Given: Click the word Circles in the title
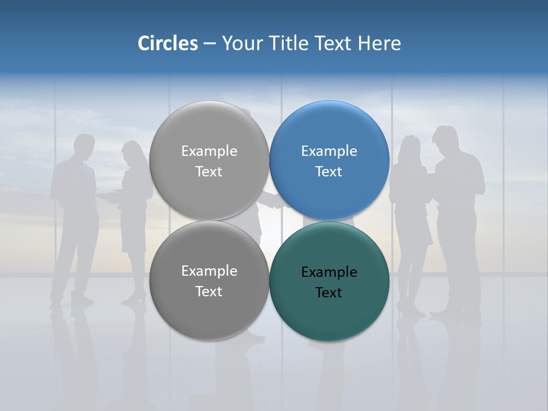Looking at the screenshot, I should pyautogui.click(x=168, y=43).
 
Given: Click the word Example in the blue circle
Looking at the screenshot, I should pyautogui.click(x=329, y=151).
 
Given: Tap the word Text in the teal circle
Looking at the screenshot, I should pyautogui.click(x=329, y=293).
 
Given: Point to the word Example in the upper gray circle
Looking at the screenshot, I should pyautogui.click(x=209, y=151).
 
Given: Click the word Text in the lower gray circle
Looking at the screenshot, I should pyautogui.click(x=209, y=292).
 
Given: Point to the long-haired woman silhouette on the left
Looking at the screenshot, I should pyautogui.click(x=133, y=188).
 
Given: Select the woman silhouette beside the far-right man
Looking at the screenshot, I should pyautogui.click(x=409, y=194).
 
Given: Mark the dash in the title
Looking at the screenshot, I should pyautogui.click(x=209, y=43).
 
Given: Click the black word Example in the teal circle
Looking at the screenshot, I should pyautogui.click(x=329, y=272).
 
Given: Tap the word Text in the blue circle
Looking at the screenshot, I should pyautogui.click(x=329, y=172).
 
